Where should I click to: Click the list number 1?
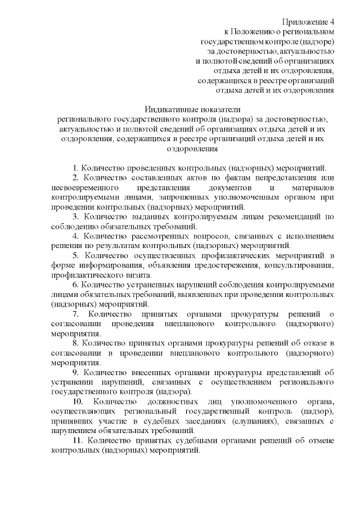point(75,168)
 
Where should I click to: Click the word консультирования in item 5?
point(301,265)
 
